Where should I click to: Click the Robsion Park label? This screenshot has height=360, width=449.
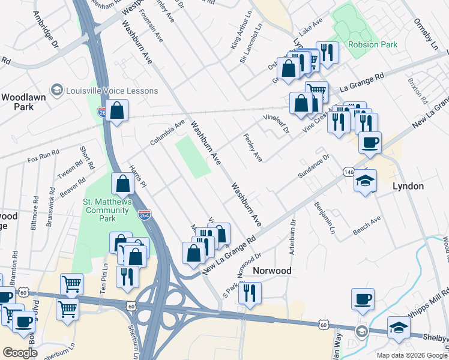(x=372, y=45)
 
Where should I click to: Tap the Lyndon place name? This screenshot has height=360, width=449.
(x=408, y=186)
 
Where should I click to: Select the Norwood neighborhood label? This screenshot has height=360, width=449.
(x=271, y=271)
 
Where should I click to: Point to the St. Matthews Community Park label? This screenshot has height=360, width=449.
(x=107, y=211)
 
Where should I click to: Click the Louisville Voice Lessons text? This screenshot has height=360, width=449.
(x=113, y=91)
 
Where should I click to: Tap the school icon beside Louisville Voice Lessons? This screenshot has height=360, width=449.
(x=57, y=91)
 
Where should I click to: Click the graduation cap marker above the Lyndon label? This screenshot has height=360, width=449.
(x=365, y=181)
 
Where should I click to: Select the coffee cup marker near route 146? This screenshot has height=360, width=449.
(x=370, y=143)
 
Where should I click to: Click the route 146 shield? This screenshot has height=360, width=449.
(x=348, y=172)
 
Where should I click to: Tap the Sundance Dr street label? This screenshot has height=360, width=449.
(x=315, y=166)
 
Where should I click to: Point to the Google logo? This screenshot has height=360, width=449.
(x=20, y=353)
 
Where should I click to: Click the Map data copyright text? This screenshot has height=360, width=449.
(x=411, y=355)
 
